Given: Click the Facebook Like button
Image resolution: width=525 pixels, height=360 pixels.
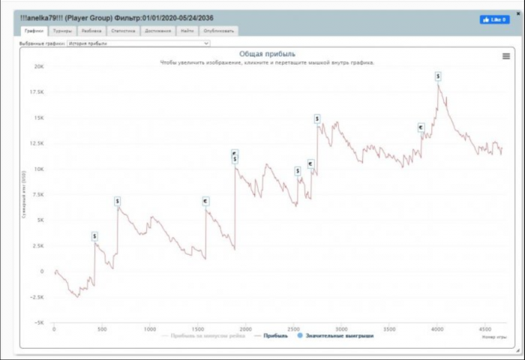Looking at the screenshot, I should (x=494, y=19).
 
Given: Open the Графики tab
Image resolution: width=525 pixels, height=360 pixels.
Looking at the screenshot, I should (x=33, y=31).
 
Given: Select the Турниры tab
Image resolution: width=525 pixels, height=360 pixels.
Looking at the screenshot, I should (x=62, y=31).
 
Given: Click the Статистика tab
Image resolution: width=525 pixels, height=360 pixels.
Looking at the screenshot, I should (x=123, y=31).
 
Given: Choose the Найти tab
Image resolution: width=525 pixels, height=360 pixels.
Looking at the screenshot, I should (x=187, y=31).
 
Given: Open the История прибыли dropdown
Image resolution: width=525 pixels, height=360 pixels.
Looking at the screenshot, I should (x=137, y=43).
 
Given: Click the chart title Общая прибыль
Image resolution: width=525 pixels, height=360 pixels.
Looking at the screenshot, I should (x=267, y=54).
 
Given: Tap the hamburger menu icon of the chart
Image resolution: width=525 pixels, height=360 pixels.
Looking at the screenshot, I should (x=505, y=55).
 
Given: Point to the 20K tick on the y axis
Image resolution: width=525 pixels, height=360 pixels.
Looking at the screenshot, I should (x=39, y=66).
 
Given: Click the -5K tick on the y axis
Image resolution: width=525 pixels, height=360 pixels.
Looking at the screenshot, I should (x=38, y=322).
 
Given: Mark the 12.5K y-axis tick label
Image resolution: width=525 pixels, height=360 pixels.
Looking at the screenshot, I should (x=36, y=143).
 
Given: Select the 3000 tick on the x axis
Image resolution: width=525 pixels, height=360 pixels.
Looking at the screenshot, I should (x=341, y=329).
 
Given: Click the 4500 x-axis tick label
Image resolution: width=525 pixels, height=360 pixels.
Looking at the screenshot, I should (x=484, y=329).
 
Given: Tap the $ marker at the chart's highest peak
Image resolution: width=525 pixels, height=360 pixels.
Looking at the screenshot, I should (x=438, y=76).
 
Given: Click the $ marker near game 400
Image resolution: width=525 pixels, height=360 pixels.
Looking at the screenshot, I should (x=95, y=236).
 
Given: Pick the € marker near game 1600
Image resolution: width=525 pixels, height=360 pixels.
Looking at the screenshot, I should (x=205, y=201).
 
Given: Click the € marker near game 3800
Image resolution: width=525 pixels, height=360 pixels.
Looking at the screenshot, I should (x=421, y=127).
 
